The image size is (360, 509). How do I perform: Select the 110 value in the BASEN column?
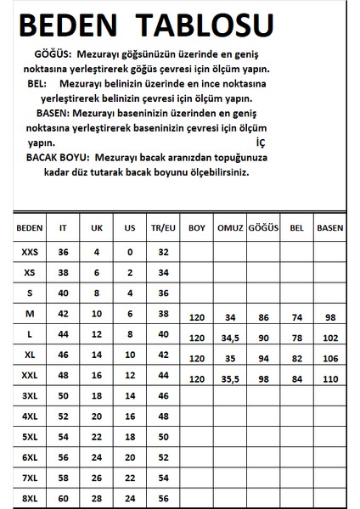pyautogui.click(x=330, y=379)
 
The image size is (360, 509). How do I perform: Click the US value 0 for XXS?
pyautogui.click(x=128, y=252)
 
